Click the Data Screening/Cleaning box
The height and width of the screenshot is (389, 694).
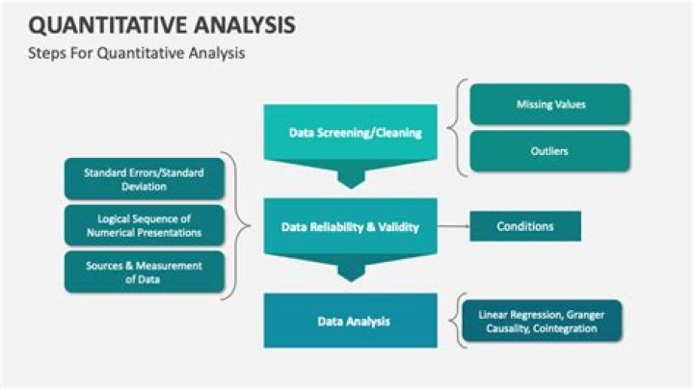(356, 133)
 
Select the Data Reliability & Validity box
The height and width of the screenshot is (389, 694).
(350, 227)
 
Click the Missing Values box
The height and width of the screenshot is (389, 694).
(549, 104)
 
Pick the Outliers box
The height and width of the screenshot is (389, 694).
(549, 151)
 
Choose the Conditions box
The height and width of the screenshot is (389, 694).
(525, 226)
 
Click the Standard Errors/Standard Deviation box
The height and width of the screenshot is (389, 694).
(144, 180)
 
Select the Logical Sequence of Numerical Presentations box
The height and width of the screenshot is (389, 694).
(144, 225)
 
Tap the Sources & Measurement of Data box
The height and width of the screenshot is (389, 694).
(144, 272)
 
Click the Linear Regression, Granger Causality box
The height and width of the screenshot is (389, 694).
(541, 321)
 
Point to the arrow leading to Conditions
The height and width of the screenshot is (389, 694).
(453, 227)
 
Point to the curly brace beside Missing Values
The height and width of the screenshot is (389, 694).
(461, 127)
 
